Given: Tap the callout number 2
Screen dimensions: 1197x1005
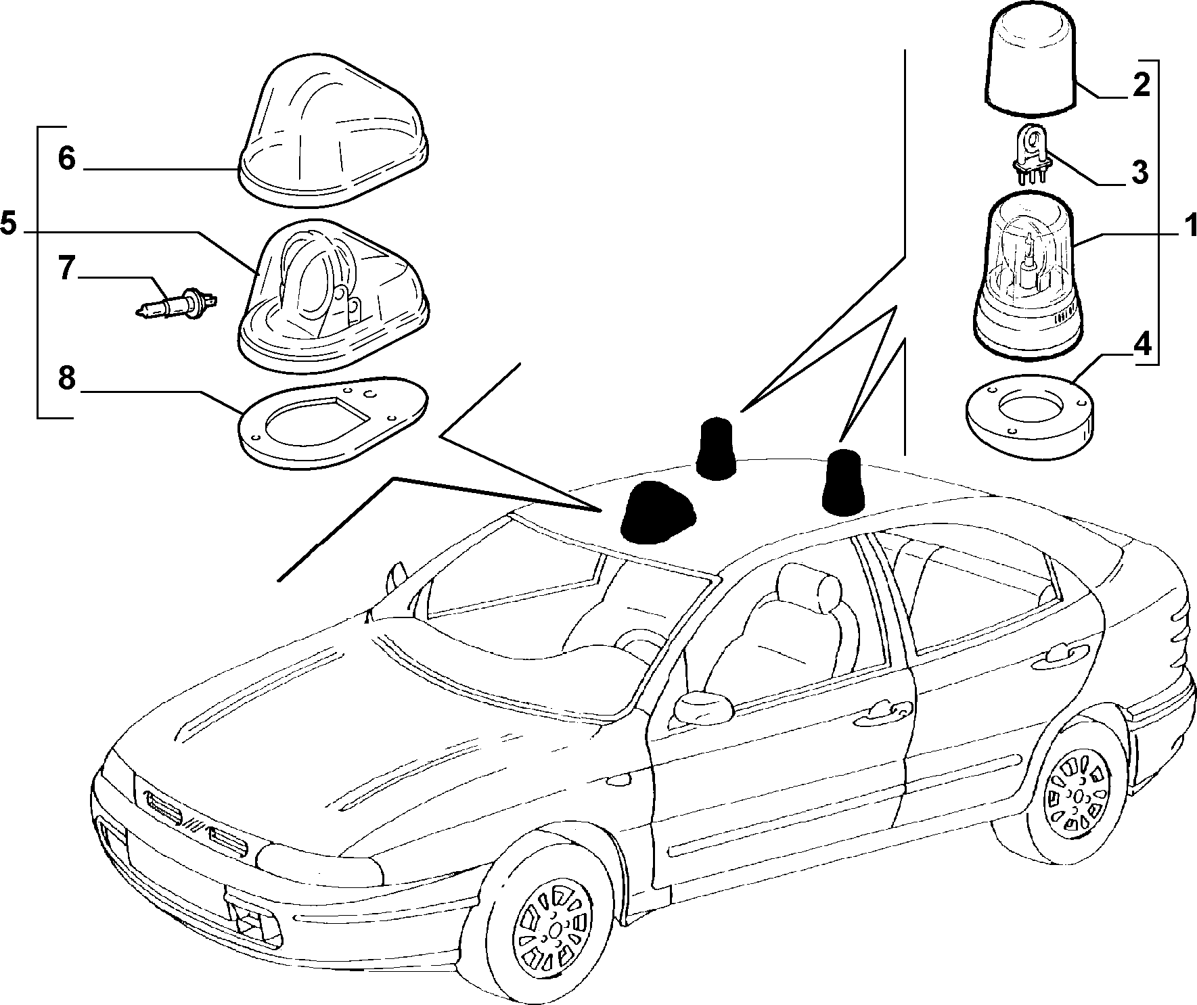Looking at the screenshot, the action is (1141, 85).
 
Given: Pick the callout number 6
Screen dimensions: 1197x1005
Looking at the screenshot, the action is (66, 159).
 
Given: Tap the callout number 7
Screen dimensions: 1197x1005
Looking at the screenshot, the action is (66, 268).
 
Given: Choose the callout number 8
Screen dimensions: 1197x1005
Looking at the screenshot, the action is (66, 379).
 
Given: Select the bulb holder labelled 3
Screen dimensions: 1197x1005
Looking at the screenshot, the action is (1031, 154).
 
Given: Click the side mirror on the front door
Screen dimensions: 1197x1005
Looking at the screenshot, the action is (704, 709).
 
